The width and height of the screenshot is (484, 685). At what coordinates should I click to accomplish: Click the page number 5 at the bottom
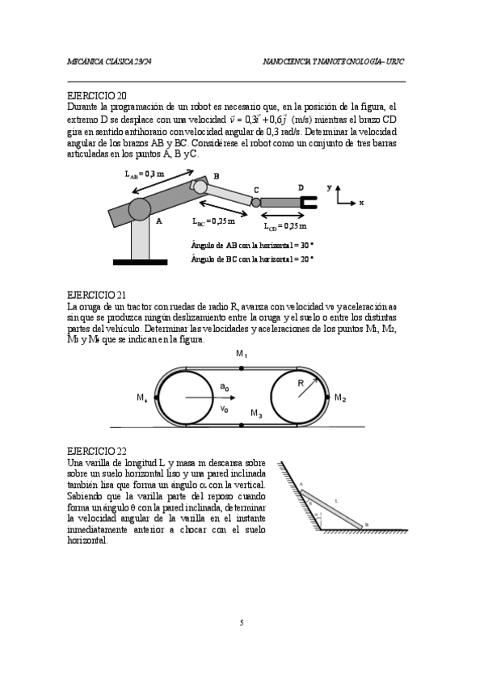(x=242, y=622)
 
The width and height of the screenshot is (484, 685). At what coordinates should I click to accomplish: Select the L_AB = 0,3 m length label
(x=144, y=174)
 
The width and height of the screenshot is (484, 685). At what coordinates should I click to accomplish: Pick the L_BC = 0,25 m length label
(x=213, y=221)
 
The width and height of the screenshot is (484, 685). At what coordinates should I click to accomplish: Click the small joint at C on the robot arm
(x=255, y=202)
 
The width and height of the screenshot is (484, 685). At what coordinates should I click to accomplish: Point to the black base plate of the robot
(x=141, y=262)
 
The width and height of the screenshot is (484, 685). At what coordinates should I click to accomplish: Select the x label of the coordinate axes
(x=361, y=203)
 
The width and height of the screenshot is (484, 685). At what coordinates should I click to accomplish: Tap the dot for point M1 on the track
(x=242, y=368)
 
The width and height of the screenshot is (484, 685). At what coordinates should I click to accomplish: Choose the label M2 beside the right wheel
(x=340, y=398)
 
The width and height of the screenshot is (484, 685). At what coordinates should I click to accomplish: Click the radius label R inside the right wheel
(x=300, y=383)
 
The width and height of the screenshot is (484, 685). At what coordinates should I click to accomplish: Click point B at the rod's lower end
(x=362, y=528)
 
